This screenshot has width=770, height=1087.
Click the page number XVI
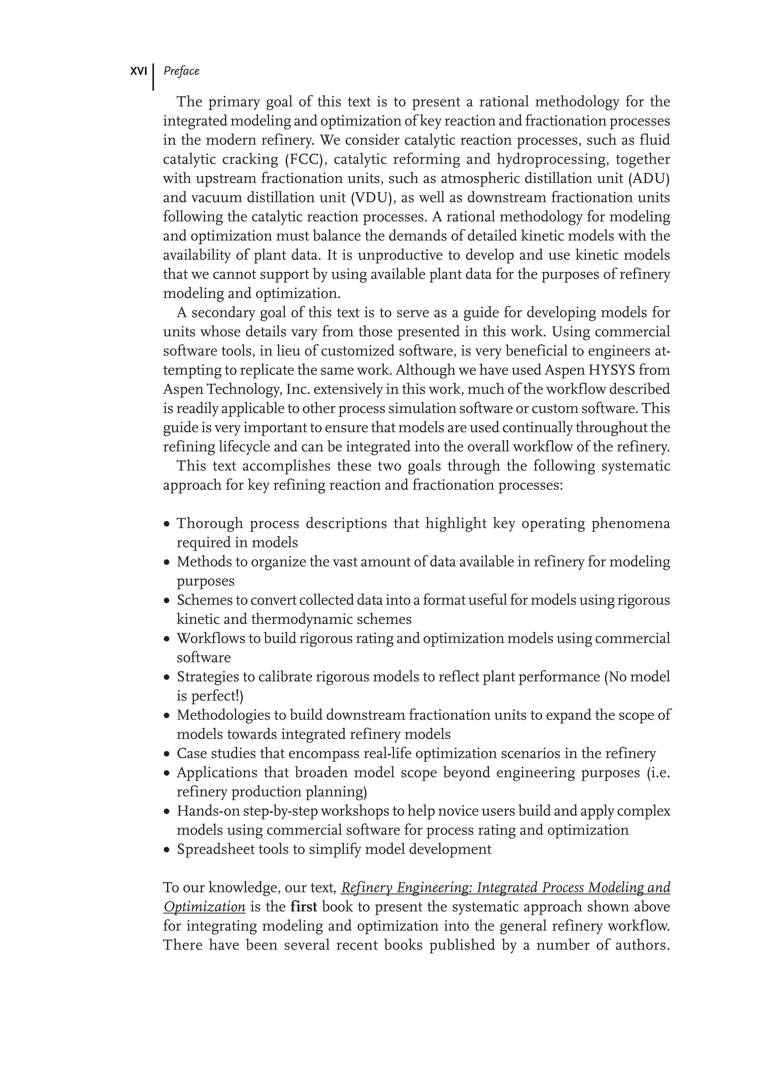pos(138,71)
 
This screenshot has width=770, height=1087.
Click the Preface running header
pos(181,71)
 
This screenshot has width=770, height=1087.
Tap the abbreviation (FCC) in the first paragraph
pos(303,160)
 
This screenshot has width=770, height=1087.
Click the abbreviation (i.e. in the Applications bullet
pos(659,773)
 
